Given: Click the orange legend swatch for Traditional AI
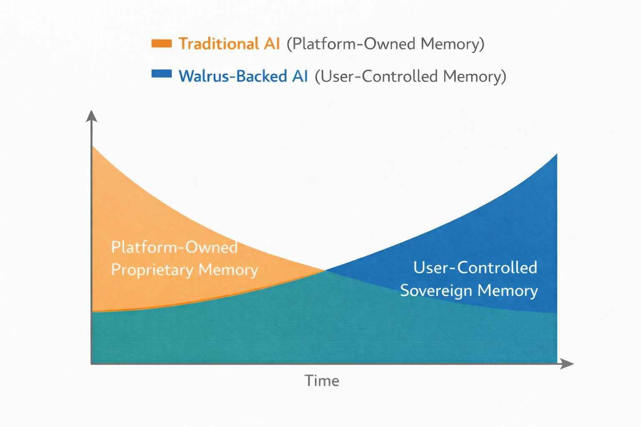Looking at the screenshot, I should click(x=162, y=43).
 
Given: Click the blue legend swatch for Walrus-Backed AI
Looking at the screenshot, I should click(x=162, y=74).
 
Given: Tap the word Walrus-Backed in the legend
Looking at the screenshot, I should click(x=232, y=76).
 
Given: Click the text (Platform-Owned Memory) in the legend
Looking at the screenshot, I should click(x=385, y=44).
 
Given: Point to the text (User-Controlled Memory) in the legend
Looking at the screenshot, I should click(x=410, y=76).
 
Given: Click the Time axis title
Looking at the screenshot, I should click(x=321, y=381).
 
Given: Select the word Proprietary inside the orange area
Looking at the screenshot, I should click(x=152, y=270).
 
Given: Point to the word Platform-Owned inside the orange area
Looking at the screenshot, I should click(x=174, y=247).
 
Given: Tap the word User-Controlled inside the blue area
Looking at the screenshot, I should click(x=475, y=268).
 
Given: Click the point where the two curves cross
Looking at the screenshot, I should click(x=325, y=270).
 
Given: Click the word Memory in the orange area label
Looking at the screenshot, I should click(x=228, y=270).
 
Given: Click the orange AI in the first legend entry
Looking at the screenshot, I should click(x=271, y=44).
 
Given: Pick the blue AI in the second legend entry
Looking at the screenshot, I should click(x=300, y=76).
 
